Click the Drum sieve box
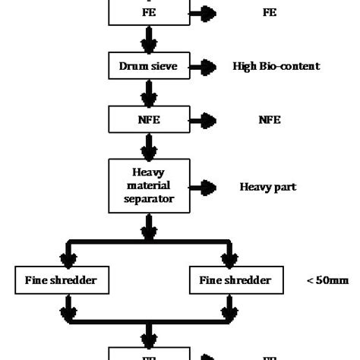[x=149, y=66]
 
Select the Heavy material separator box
[x=149, y=185]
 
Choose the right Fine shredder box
[x=235, y=280]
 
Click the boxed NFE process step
[x=149, y=119]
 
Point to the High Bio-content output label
[x=276, y=66]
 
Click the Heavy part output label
[x=268, y=186]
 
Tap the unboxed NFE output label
[x=270, y=119]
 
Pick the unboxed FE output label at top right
[x=270, y=12]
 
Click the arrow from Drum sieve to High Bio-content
[x=204, y=67]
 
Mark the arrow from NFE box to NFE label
[x=204, y=120]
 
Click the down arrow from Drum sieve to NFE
[x=150, y=93]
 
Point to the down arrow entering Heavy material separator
[x=150, y=146]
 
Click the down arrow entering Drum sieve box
[x=150, y=39]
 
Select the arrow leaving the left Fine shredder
[x=69, y=305]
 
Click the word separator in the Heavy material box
[x=149, y=200]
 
